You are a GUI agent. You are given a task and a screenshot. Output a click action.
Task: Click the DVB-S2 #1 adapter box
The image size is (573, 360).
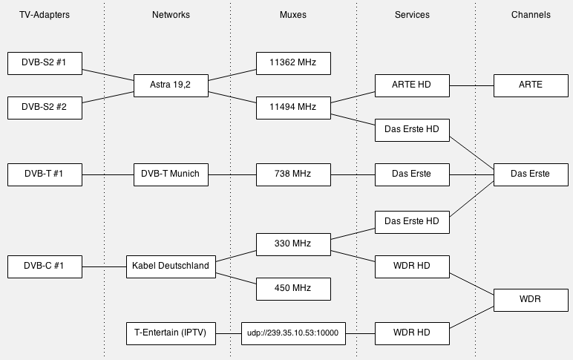pyautogui.click(x=45, y=63)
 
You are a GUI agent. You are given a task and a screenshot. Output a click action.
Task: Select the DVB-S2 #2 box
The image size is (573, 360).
pyautogui.click(x=45, y=108)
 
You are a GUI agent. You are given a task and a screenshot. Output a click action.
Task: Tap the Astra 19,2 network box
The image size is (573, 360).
pyautogui.click(x=171, y=85)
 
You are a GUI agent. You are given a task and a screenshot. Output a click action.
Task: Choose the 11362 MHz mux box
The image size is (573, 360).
pyautogui.click(x=293, y=63)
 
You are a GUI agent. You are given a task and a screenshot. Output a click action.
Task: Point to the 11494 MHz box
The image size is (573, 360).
pyautogui.click(x=293, y=108)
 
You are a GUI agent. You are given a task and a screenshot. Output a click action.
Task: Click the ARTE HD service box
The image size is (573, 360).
pyautogui.click(x=412, y=85)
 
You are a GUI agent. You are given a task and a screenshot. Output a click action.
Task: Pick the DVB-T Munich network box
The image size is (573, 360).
pyautogui.click(x=171, y=174)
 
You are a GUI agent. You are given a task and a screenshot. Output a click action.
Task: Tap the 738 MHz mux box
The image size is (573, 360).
pyautogui.click(x=293, y=174)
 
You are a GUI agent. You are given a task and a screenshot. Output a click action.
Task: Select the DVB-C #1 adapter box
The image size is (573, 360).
pyautogui.click(x=45, y=266)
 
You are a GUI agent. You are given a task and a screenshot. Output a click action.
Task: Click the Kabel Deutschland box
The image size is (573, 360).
pyautogui.click(x=171, y=266)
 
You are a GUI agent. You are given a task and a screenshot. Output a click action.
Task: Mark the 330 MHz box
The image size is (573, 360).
pyautogui.click(x=293, y=243)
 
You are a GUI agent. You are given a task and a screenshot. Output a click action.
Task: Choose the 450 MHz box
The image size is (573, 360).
pyautogui.click(x=293, y=288)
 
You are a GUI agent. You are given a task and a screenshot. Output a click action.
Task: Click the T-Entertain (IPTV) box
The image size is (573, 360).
pyautogui.click(x=171, y=333)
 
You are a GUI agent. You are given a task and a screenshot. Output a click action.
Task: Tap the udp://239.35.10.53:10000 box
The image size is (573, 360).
pyautogui.click(x=293, y=333)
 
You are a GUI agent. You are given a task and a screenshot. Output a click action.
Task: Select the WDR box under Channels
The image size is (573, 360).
pyautogui.click(x=531, y=300)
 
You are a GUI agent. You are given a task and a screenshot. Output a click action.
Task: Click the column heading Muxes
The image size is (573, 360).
pyautogui.click(x=293, y=15)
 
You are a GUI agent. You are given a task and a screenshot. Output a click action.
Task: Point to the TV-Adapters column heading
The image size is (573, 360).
pyautogui.click(x=45, y=15)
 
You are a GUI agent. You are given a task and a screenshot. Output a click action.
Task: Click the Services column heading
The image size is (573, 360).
pyautogui.click(x=412, y=15)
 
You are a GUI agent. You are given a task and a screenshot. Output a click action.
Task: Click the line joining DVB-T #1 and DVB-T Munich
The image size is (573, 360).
pyautogui.click(x=108, y=174)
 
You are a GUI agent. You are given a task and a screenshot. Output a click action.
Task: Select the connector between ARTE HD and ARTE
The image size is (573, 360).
pyautogui.click(x=471, y=85)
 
